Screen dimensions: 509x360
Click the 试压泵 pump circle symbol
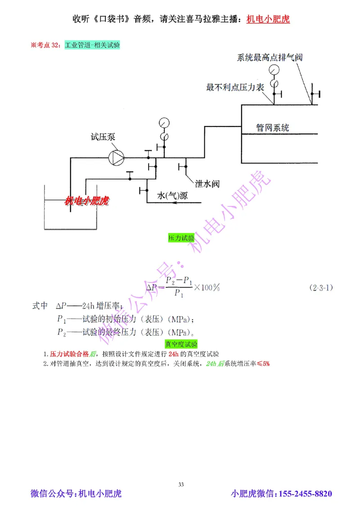(x=117, y=157)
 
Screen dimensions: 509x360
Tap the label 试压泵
(x=103, y=137)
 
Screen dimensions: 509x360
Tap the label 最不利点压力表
(x=235, y=87)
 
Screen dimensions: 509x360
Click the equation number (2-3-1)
(x=321, y=287)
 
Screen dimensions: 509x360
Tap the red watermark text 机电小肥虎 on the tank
(x=87, y=201)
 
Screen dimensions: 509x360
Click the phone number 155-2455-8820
(x=306, y=494)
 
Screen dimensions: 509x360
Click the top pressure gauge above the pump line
(x=164, y=122)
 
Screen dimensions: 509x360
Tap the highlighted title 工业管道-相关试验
(x=92, y=45)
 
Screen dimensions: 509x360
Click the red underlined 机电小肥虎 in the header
(x=268, y=20)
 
